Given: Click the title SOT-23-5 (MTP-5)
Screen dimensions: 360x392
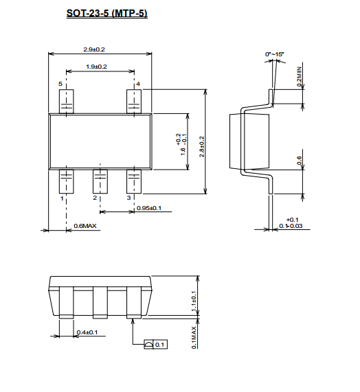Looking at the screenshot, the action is point(106,13).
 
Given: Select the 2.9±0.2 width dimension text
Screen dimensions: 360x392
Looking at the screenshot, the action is point(94,49).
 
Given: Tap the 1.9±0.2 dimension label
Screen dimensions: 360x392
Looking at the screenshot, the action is point(96,67).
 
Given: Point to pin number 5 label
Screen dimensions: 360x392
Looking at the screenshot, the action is point(60,84).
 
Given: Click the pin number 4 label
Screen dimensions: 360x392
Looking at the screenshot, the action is point(138,84).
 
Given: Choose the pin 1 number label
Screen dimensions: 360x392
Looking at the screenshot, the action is point(62,198).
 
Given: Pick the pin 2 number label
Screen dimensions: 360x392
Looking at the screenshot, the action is point(95,198).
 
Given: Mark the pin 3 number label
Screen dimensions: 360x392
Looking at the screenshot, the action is point(128,198).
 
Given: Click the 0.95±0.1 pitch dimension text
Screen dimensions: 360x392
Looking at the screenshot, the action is point(149,208).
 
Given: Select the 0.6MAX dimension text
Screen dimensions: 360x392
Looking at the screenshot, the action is point(85,226).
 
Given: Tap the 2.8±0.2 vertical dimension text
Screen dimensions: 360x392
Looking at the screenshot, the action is point(202,147).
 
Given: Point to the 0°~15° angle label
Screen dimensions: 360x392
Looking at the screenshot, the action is point(274,54).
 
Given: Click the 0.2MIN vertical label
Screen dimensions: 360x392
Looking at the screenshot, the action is point(299,76).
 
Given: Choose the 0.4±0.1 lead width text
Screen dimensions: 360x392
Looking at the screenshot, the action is point(87,332).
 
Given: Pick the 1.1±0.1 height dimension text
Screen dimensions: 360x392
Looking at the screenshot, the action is point(194,301).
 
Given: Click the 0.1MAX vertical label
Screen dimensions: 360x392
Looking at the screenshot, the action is point(194,338).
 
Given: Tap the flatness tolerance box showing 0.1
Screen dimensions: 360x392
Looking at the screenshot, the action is point(155,345).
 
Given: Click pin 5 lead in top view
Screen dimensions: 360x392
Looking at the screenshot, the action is point(66,101).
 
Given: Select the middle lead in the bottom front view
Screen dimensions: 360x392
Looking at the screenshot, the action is point(100,303).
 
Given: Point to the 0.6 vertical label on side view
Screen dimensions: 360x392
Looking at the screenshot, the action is point(299,161).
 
